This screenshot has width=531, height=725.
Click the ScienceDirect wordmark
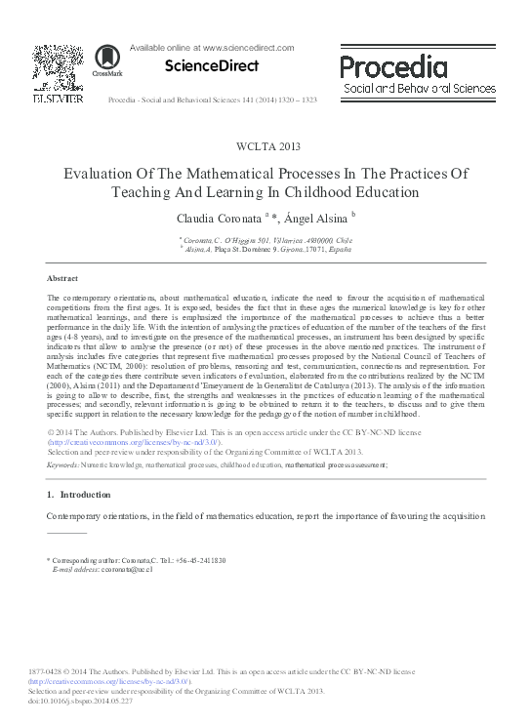pos(213,65)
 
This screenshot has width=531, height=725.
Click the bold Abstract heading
pos(62,278)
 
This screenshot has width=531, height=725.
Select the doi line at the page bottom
pos(69,700)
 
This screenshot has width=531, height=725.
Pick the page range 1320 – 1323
pos(297,101)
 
